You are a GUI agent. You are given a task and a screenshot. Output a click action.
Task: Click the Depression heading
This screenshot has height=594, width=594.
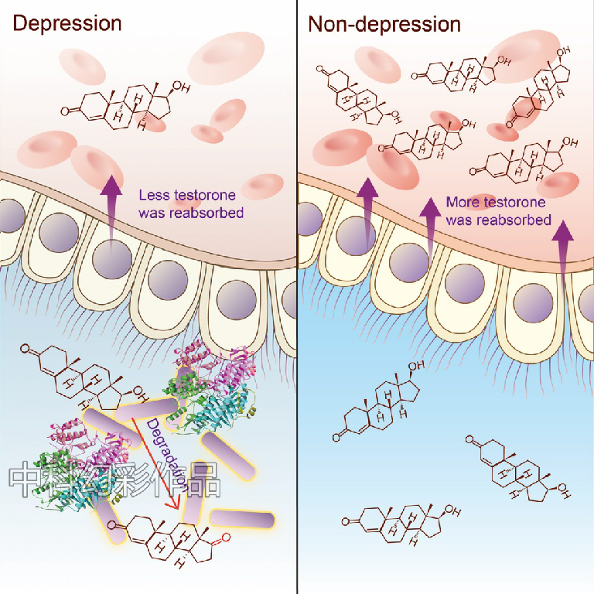67,23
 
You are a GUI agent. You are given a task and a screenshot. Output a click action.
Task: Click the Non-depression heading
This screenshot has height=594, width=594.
384,24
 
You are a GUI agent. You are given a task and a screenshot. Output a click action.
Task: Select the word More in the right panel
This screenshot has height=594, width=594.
463,203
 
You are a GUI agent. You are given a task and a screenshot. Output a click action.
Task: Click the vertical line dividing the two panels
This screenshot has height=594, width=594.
297,309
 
